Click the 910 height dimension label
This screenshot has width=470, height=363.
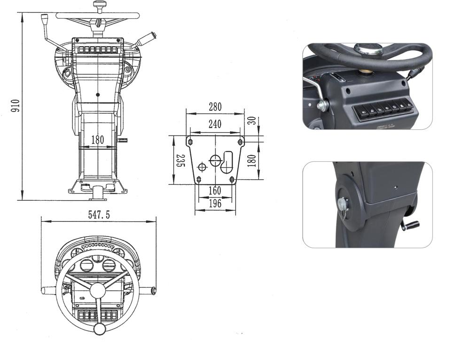click(x=16, y=106)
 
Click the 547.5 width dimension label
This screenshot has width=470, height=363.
click(x=99, y=215)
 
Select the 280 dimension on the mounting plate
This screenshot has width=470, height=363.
click(x=215, y=107)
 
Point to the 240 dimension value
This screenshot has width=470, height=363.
click(x=215, y=124)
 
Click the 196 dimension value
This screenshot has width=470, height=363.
click(x=215, y=204)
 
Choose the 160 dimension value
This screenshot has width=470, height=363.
click(x=215, y=190)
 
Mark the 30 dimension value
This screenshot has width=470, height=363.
click(x=252, y=120)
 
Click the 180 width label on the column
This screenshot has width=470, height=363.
click(x=98, y=140)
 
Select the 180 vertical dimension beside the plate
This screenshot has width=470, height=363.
click(x=252, y=160)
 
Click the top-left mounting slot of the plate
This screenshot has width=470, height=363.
click(x=190, y=142)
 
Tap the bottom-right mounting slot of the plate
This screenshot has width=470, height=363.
click(x=231, y=180)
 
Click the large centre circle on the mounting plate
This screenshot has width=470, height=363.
click(x=215, y=160)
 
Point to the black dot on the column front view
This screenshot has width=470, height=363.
click(x=98, y=95)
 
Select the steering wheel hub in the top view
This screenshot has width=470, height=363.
click(x=98, y=291)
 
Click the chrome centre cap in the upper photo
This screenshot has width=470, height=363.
click(x=368, y=49)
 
